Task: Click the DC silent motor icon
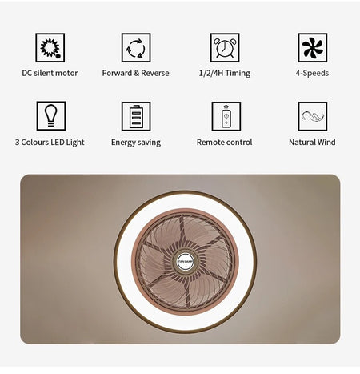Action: pyautogui.click(x=50, y=48)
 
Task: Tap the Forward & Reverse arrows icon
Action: pyautogui.click(x=136, y=48)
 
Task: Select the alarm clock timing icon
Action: pyautogui.click(x=225, y=48)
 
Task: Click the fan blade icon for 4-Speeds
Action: pyautogui.click(x=313, y=48)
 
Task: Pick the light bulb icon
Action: pyautogui.click(x=51, y=116)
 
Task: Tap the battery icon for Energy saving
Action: pyautogui.click(x=136, y=116)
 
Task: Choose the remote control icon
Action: pyautogui.click(x=226, y=116)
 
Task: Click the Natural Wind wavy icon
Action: pyautogui.click(x=313, y=116)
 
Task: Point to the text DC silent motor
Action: pyautogui.click(x=50, y=73)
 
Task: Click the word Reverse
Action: pyautogui.click(x=155, y=73)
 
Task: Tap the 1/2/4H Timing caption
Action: pyautogui.click(x=225, y=74)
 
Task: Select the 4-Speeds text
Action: pyautogui.click(x=312, y=74)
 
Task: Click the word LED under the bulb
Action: pyautogui.click(x=58, y=143)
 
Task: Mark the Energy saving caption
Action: pyautogui.click(x=136, y=143)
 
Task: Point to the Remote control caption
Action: pyautogui.click(x=225, y=143)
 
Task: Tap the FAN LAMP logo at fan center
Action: pyautogui.click(x=185, y=262)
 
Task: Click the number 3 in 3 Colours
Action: pyautogui.click(x=17, y=143)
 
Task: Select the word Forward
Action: pyautogui.click(x=117, y=73)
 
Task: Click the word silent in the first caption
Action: pyautogui.click(x=44, y=73)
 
